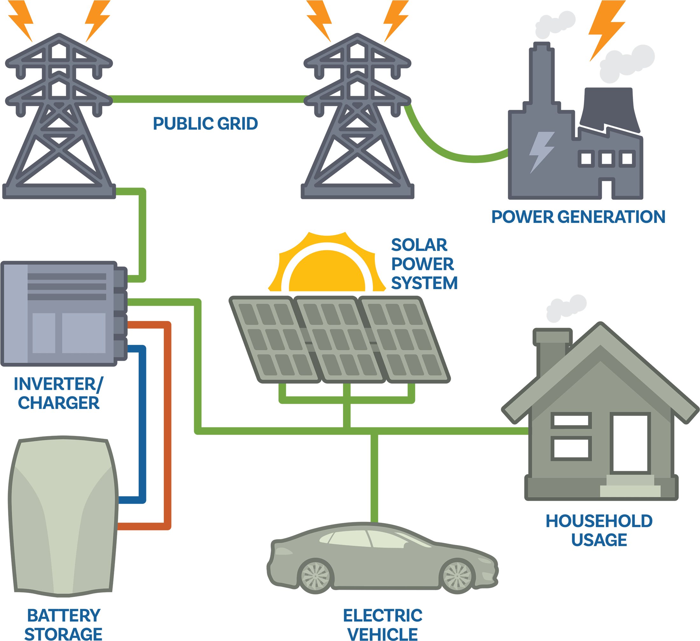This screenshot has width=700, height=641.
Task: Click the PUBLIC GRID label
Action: click(x=205, y=124)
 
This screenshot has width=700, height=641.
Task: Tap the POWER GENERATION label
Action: click(x=578, y=217)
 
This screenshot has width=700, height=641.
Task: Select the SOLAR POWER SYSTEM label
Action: click(x=423, y=264)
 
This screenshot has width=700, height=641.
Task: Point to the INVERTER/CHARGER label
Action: click(x=58, y=394)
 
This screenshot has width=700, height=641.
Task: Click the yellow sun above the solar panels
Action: click(x=327, y=271)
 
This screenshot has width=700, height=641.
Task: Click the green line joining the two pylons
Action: click(x=208, y=99)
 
